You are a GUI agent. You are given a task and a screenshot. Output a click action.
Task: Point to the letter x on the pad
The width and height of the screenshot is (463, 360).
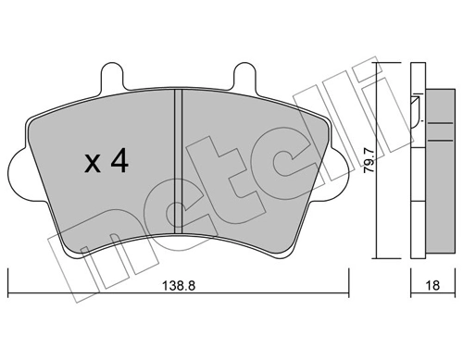(x=92, y=166)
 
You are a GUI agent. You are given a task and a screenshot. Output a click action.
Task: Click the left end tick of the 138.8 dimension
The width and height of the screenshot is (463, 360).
(x=7, y=278)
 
